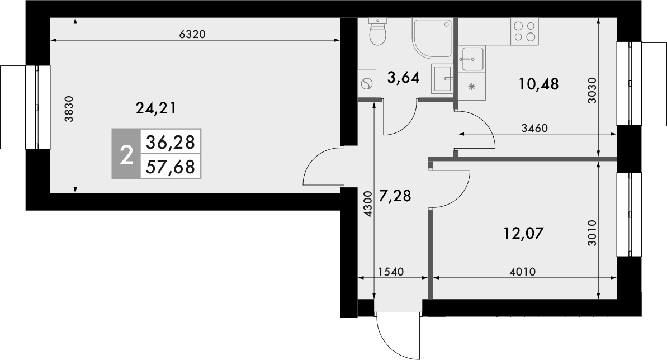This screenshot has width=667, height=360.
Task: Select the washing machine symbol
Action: (366, 84)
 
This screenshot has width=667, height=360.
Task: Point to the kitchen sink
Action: (473, 58)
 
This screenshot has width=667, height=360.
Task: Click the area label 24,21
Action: (156, 108)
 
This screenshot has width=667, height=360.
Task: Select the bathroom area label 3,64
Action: (403, 77)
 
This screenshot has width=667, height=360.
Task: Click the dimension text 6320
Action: (193, 34)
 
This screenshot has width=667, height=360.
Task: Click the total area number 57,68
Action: (170, 167)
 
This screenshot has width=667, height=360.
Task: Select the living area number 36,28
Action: (170, 143)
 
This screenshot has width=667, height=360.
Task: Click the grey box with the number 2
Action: (126, 154)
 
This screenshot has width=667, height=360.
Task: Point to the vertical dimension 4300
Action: (367, 204)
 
